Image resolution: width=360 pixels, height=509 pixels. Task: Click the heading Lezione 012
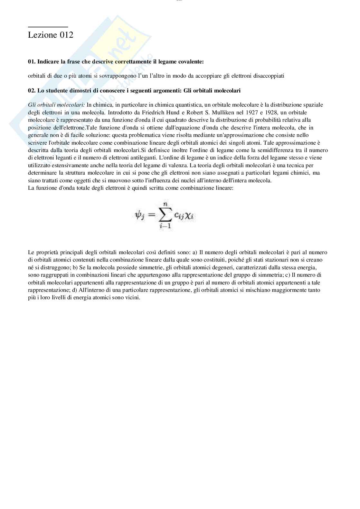pyautogui.click(x=51, y=35)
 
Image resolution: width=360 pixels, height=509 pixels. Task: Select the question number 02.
pyautogui.click(x=32, y=91)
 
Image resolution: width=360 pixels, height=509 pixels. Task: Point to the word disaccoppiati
pyautogui.click(x=269, y=76)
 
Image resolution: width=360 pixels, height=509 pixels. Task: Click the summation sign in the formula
pyautogui.click(x=165, y=215)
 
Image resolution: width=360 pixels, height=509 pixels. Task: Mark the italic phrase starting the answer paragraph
pyautogui.click(x=56, y=105)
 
